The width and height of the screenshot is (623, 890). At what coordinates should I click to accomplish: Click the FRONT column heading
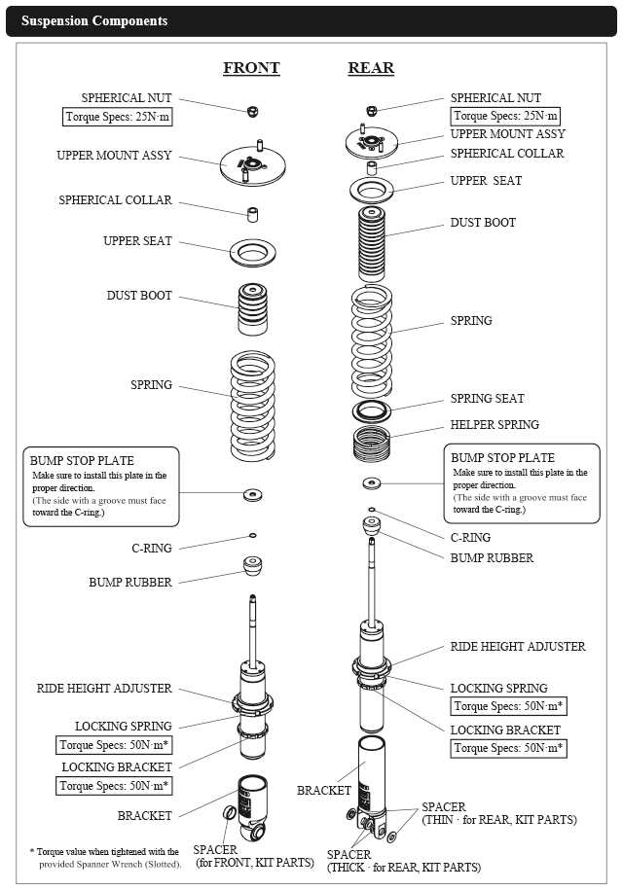click(x=251, y=68)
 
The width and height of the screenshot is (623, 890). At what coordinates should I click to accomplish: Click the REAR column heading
click(x=371, y=68)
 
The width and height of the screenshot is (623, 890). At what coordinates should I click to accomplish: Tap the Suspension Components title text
click(x=94, y=20)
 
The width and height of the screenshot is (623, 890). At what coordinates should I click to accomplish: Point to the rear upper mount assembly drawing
click(x=371, y=144)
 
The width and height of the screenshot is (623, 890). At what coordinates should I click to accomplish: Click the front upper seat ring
click(x=252, y=254)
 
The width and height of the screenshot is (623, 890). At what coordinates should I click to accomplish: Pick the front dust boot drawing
click(x=252, y=308)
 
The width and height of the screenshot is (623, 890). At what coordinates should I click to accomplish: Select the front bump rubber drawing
click(x=252, y=566)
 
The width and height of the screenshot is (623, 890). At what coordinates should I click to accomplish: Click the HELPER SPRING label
click(x=495, y=425)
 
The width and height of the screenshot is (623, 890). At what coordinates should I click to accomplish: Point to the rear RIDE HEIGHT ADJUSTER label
click(x=518, y=647)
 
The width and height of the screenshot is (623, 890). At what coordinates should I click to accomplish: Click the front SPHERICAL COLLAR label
click(x=115, y=200)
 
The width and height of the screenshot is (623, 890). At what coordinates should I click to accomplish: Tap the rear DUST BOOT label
click(x=483, y=223)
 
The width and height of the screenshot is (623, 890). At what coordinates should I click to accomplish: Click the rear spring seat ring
click(x=371, y=409)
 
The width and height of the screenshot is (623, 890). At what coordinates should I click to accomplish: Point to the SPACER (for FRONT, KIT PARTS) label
click(x=253, y=856)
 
